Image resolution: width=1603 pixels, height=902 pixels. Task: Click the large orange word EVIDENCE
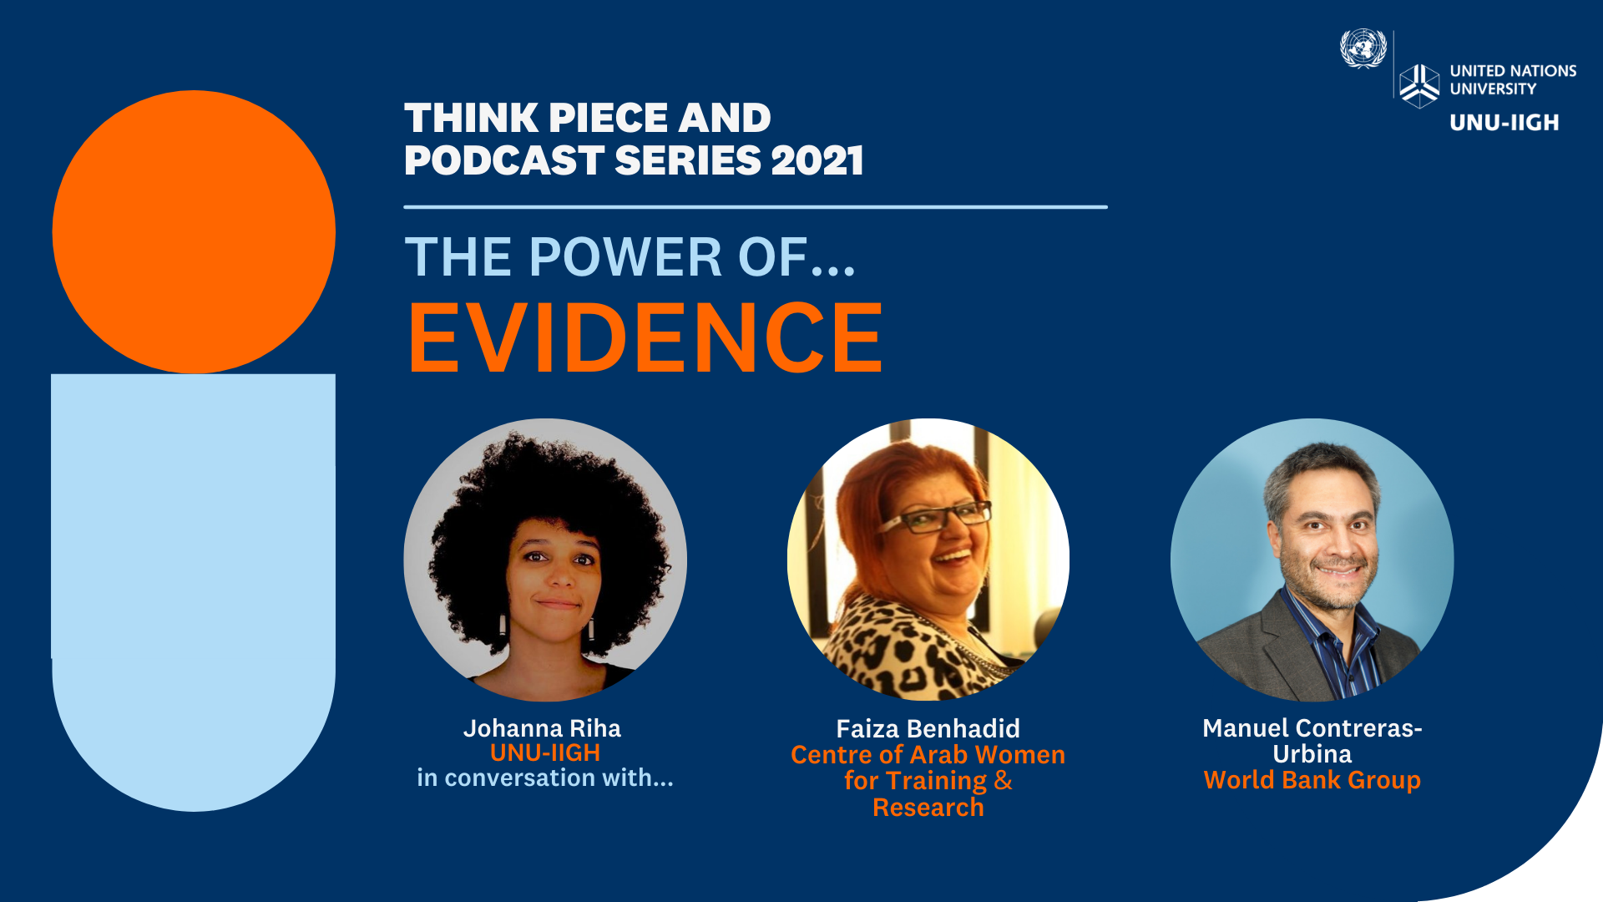coord(645,337)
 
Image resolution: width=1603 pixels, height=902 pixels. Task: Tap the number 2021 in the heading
coord(817,160)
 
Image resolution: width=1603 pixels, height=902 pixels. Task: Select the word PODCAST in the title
coord(504,160)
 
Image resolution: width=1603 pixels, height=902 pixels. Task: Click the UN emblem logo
coord(1363,48)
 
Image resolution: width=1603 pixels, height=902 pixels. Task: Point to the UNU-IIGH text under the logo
coord(1504,123)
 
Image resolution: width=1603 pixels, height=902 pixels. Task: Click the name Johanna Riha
coord(543,728)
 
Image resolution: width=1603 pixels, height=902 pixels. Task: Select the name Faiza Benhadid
coord(928,728)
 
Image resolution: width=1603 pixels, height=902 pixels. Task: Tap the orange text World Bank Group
coord(1312,780)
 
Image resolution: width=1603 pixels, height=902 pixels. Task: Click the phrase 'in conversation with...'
coord(545,778)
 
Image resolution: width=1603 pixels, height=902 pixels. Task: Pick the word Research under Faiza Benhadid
coord(928,808)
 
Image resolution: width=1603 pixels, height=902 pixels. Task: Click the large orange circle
coord(194,231)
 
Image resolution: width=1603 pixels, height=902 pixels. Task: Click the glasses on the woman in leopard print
coord(933,518)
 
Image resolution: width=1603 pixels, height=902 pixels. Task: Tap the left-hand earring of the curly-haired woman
coord(503,625)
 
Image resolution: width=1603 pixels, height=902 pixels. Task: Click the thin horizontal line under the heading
coord(756,206)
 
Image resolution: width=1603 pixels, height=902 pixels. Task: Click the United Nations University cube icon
coord(1419,86)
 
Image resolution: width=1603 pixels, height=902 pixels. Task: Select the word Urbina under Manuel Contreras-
coord(1312,754)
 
